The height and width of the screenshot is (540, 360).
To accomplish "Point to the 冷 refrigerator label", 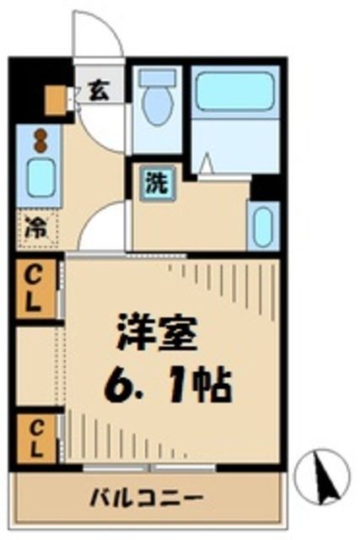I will [x=34, y=227].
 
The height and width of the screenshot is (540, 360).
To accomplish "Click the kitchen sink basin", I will [x=38, y=175].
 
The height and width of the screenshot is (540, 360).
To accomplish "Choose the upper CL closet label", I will [x=34, y=289].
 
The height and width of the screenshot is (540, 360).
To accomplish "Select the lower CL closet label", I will [x=34, y=437].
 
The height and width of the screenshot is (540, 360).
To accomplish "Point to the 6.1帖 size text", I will [x=169, y=386].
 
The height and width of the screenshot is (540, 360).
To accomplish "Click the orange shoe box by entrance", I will [x=56, y=101].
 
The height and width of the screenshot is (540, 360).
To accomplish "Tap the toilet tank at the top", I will [x=158, y=77].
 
